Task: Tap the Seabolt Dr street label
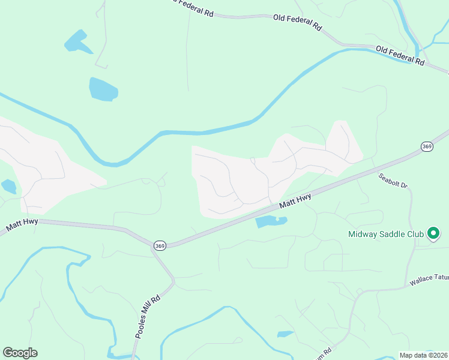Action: [x=393, y=182]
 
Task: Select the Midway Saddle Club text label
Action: [x=386, y=234]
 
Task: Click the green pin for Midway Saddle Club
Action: [x=433, y=234]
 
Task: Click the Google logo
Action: [x=20, y=353]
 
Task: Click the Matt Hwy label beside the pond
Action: [x=296, y=201]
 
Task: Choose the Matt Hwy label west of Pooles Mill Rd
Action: [x=23, y=226]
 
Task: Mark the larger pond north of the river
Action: [x=103, y=89]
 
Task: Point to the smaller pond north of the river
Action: [x=78, y=42]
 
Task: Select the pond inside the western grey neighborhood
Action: [x=9, y=187]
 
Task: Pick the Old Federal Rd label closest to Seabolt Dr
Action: [x=400, y=55]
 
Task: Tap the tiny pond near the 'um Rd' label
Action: [x=285, y=334]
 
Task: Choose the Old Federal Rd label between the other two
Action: [x=298, y=23]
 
